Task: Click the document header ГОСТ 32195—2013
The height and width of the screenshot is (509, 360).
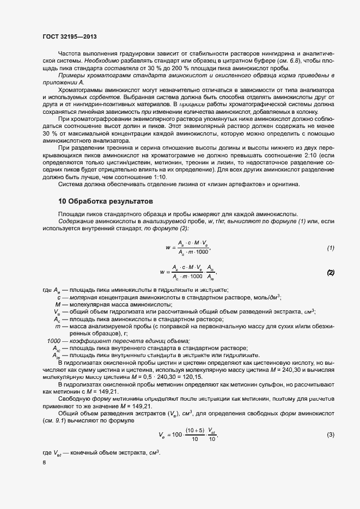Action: [x=74, y=37]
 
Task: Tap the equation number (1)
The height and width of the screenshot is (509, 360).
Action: [x=330, y=248]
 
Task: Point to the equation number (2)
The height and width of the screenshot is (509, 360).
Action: [x=330, y=272]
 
